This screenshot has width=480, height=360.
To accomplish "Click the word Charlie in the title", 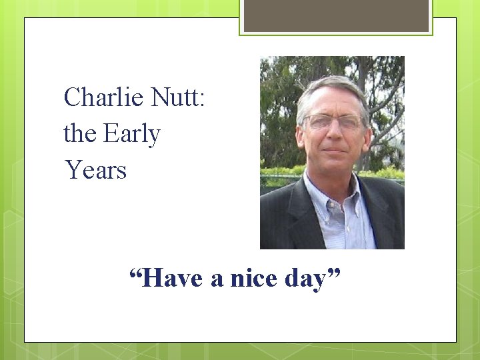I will pyautogui.click(x=103, y=98).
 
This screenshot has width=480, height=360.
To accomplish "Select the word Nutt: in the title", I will pyautogui.click(x=179, y=98).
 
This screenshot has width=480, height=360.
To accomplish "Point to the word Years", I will pyautogui.click(x=95, y=170).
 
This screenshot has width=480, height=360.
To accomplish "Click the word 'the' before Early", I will pyautogui.click(x=79, y=134).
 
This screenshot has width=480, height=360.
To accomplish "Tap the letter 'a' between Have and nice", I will pyautogui.click(x=217, y=279).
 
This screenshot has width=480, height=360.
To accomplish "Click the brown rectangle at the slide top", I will pyautogui.click(x=336, y=15).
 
